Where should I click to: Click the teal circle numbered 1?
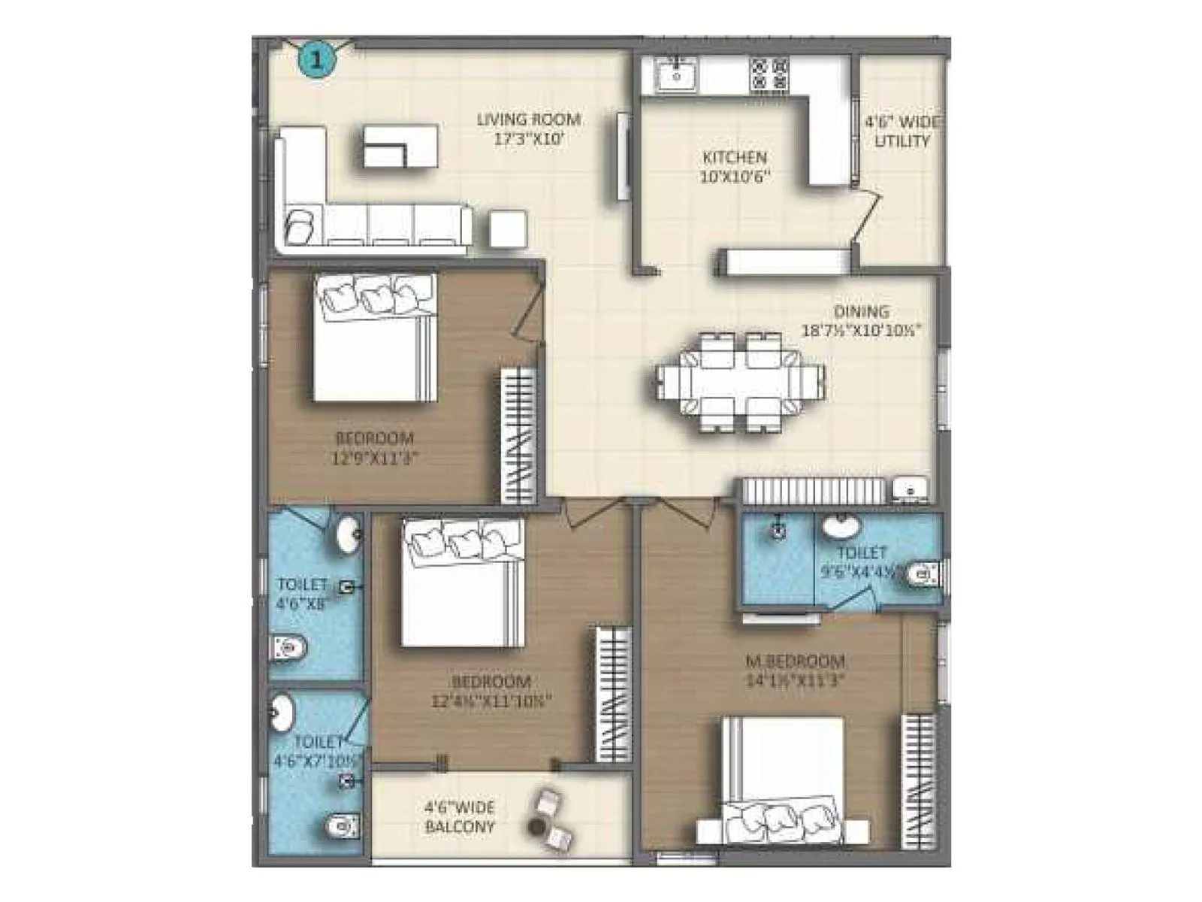(316, 59)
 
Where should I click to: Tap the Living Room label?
(530, 129)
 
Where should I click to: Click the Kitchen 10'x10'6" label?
(734, 166)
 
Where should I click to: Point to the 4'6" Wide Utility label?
(901, 132)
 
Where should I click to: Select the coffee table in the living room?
(400, 147)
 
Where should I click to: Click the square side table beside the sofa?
(508, 229)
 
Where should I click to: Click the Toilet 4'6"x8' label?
(303, 592)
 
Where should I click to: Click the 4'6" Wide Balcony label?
(460, 817)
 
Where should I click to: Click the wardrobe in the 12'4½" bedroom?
(614, 694)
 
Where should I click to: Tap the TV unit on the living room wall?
(624, 156)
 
